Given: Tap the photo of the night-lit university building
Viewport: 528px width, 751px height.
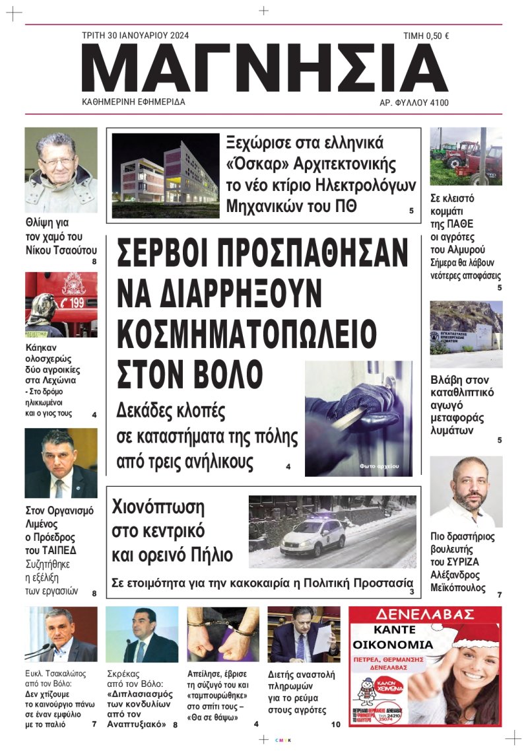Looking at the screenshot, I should [165, 170].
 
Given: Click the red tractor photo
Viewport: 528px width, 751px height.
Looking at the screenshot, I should [465, 157].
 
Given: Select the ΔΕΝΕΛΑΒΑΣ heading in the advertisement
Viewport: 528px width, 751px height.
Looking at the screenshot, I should [425, 614].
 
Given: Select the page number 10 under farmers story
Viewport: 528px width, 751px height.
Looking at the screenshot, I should [335, 725].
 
